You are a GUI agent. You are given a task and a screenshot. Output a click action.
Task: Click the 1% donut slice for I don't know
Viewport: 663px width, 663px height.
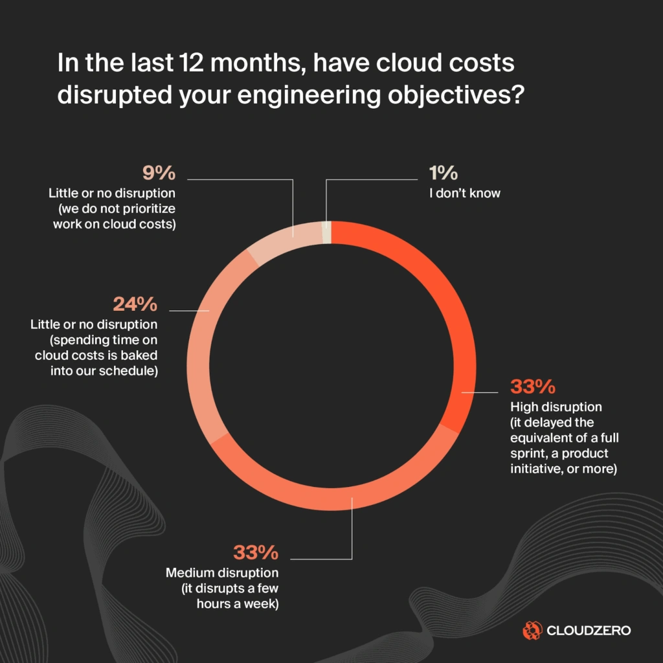(327, 232)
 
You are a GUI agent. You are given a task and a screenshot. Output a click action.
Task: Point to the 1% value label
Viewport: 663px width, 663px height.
(444, 174)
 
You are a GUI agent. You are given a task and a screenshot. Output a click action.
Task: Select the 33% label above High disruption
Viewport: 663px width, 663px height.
(533, 387)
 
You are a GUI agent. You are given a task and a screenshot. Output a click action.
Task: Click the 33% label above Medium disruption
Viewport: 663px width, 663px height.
(256, 553)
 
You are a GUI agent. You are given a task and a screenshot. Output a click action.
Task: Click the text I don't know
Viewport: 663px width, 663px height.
(465, 193)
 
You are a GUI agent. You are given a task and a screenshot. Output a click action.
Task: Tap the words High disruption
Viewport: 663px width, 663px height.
(556, 407)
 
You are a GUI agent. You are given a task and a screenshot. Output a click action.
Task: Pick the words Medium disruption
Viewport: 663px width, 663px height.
(222, 573)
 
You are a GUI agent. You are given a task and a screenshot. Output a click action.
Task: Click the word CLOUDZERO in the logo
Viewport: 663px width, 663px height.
(589, 630)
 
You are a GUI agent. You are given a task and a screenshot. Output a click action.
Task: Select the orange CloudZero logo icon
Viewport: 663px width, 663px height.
(532, 629)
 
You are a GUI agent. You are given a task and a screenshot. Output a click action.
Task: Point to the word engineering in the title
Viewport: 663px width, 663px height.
(315, 95)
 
